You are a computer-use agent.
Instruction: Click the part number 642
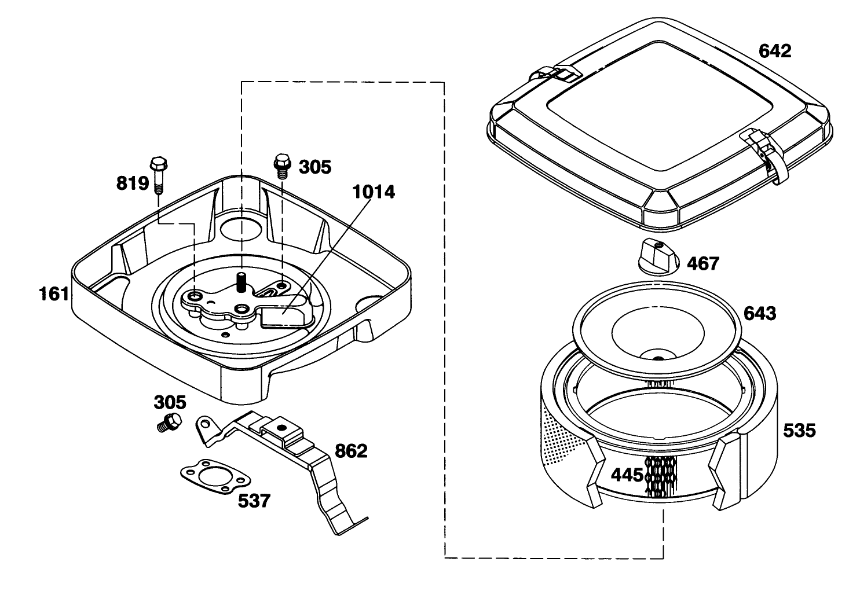coord(775,52)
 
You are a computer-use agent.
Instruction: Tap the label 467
coord(702,264)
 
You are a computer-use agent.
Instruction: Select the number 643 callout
coord(760,314)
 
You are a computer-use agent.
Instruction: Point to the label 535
coord(799,431)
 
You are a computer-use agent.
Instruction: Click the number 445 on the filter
coord(627,475)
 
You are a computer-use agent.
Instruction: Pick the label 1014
coord(374,192)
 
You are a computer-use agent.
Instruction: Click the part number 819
coord(133,183)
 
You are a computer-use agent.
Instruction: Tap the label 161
coord(54,294)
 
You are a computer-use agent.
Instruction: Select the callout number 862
coord(351,451)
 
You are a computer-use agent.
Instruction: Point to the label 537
coord(254,501)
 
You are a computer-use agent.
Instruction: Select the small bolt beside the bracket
coord(169,422)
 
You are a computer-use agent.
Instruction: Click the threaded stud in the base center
coord(241,282)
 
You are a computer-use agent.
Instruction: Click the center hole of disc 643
coord(658,358)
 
